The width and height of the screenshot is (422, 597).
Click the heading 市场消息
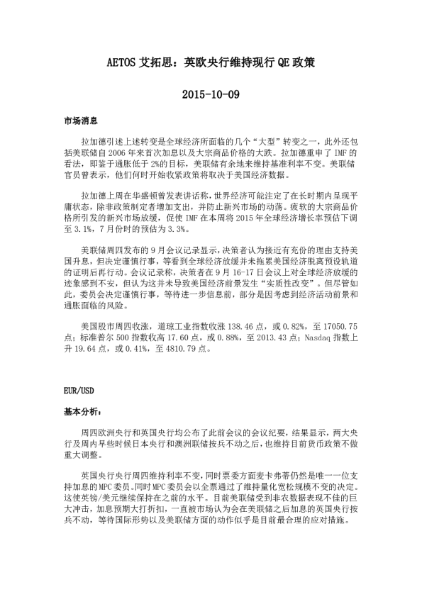(x=77, y=123)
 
